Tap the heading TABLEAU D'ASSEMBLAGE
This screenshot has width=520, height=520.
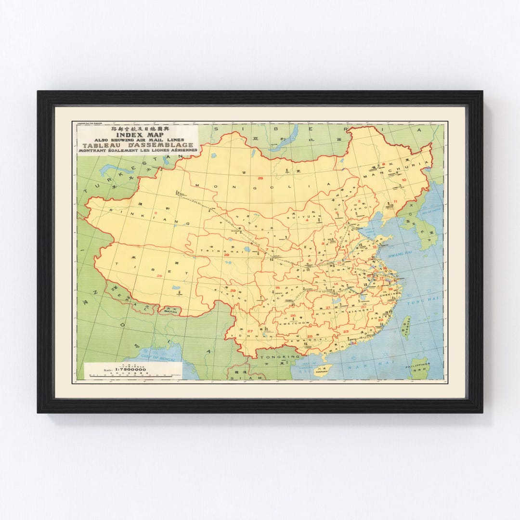pos(138,145)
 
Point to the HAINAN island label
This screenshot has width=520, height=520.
pos(321,372)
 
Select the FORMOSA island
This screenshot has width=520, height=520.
pos(407,328)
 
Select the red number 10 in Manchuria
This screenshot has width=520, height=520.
pos(403,180)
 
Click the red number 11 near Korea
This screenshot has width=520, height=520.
pos(395,201)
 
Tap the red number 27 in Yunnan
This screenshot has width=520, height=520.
pos(250,331)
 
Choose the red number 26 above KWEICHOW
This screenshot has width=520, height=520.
pos(293,315)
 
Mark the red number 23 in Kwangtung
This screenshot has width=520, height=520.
pos(346,332)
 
